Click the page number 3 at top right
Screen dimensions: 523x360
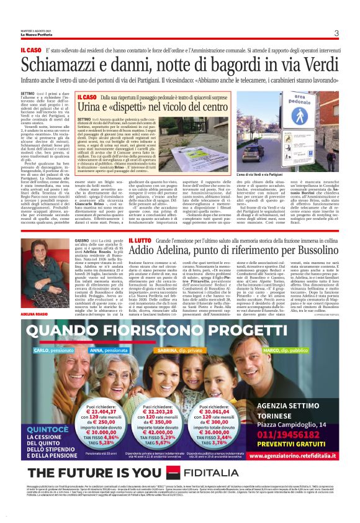click(336, 34)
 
